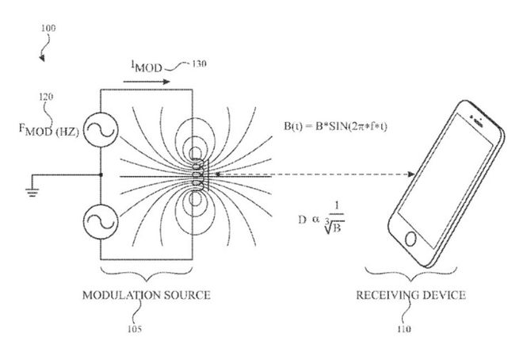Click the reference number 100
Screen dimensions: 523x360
48,28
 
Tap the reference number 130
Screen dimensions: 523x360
199,63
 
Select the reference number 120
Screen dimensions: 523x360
46,97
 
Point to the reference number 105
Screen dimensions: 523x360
135,329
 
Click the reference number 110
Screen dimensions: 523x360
404,329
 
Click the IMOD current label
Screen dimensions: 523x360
146,66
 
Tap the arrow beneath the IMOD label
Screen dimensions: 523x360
147,82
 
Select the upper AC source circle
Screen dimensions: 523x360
101,130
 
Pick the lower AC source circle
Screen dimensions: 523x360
101,222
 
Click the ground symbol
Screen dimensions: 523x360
32,193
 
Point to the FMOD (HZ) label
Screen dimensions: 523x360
48,130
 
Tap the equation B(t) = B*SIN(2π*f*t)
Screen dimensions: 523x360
335,126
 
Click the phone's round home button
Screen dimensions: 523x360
410,239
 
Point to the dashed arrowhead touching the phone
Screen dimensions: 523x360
411,174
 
